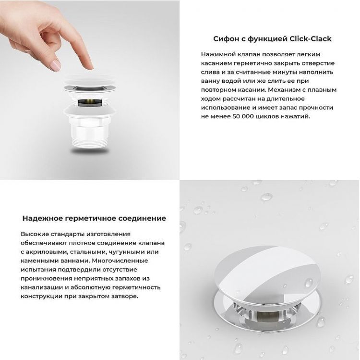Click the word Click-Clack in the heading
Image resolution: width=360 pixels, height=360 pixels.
point(310,39)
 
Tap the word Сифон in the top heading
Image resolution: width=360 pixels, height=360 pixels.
point(225,39)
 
